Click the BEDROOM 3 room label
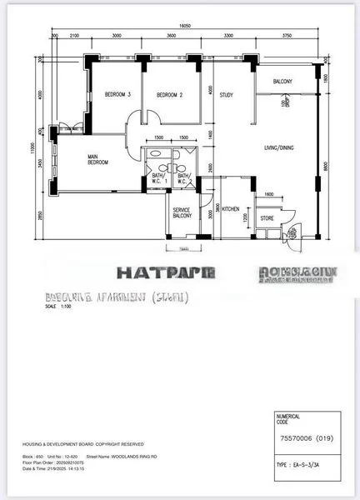[118, 95]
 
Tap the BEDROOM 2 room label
[169, 95]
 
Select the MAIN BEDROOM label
[98, 159]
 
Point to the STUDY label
[226, 95]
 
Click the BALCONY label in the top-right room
[282, 82]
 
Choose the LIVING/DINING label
[279, 147]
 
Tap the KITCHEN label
[231, 208]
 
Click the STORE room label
[267, 218]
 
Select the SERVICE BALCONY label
[182, 212]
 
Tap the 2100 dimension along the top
[74, 36]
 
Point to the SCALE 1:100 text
[59, 306]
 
